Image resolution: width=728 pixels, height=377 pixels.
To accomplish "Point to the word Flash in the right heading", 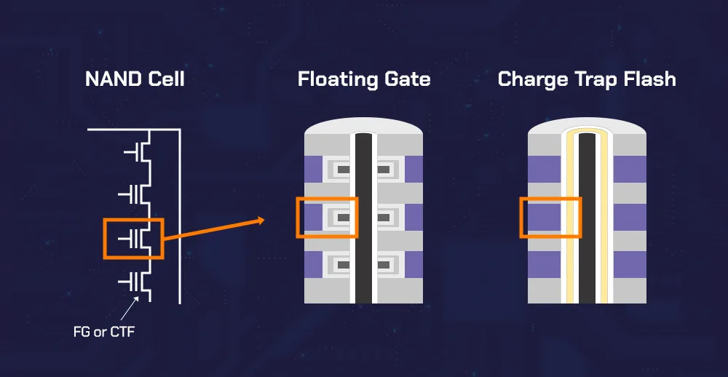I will [x=650, y=79].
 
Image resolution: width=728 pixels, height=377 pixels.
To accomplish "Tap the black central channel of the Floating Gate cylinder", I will [x=363, y=218].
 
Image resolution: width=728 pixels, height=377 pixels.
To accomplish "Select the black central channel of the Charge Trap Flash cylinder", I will [x=587, y=218].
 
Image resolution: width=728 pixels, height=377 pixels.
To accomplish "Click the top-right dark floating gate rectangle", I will [x=383, y=170].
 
